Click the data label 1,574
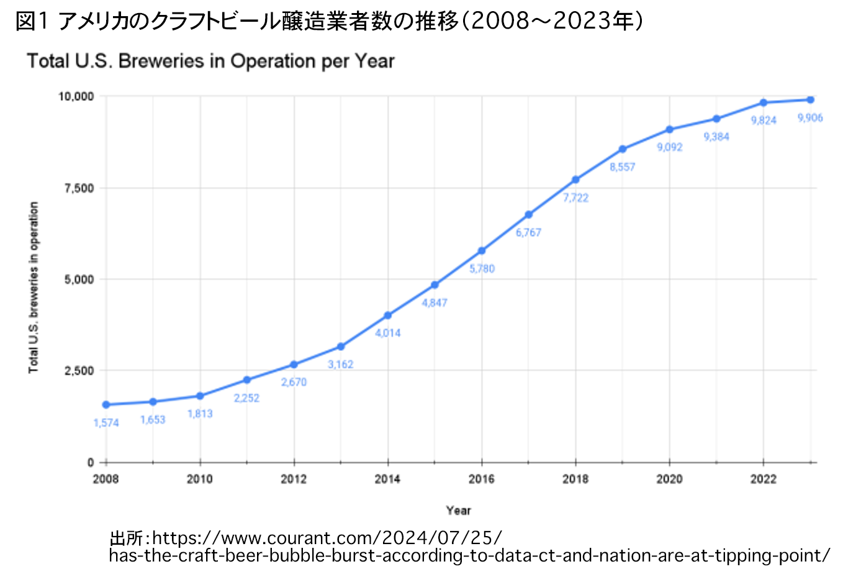pyautogui.click(x=106, y=423)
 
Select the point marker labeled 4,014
pyautogui.click(x=388, y=316)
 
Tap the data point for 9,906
pyautogui.click(x=810, y=100)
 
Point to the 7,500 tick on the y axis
pyautogui.click(x=79, y=188)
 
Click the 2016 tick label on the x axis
pyautogui.click(x=482, y=479)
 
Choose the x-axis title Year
pyautogui.click(x=458, y=510)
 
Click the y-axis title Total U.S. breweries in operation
pyautogui.click(x=34, y=288)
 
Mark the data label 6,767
pyautogui.click(x=528, y=233)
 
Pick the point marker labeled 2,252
pyautogui.click(x=247, y=380)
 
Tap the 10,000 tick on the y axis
pyautogui.click(x=76, y=96)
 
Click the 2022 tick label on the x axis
pyautogui.click(x=763, y=479)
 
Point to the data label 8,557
pyautogui.click(x=622, y=167)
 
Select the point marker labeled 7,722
pyautogui.click(x=575, y=180)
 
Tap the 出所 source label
pyautogui.click(x=126, y=537)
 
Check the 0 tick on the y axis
pyautogui.click(x=91, y=463)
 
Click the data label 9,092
pyautogui.click(x=669, y=147)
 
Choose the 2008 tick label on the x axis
pyautogui.click(x=106, y=479)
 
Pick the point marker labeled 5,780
pyautogui.click(x=482, y=251)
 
